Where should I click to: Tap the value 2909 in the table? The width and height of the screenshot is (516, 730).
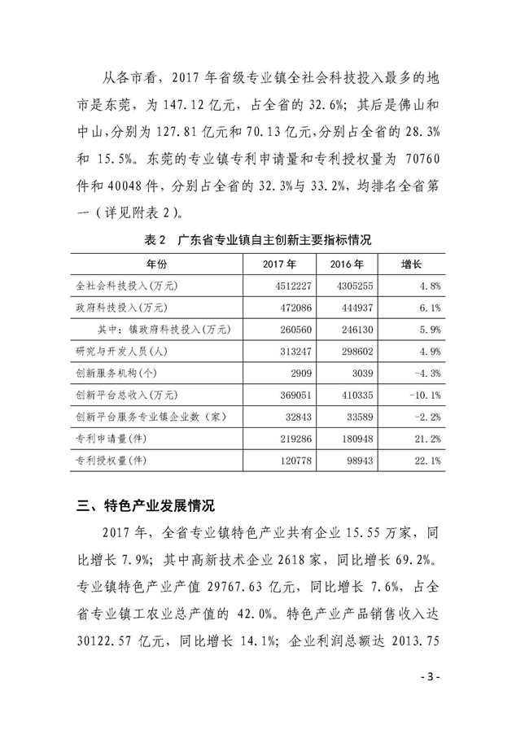(x=295, y=374)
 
